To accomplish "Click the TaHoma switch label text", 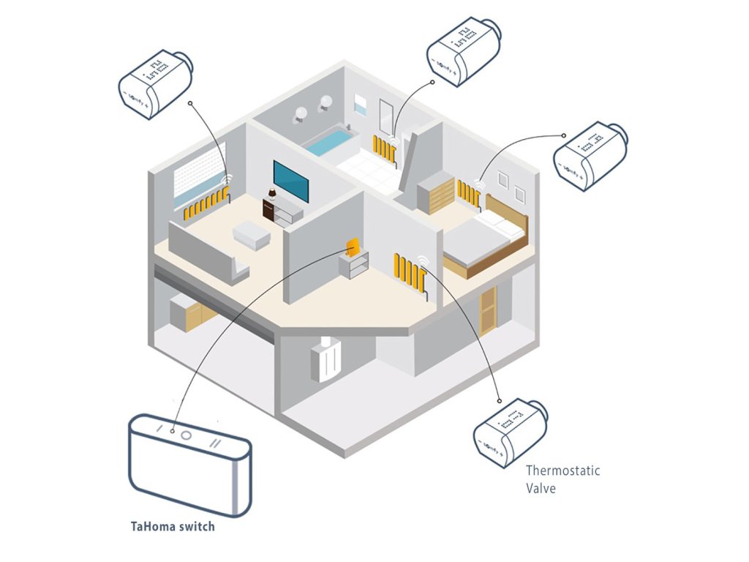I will pyautogui.click(x=172, y=525).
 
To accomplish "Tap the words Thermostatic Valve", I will pyautogui.click(x=562, y=479).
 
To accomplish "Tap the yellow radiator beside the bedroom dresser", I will pyautogui.click(x=468, y=192).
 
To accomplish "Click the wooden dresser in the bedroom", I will pyautogui.click(x=436, y=191).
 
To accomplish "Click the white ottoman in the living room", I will pyautogui.click(x=252, y=236).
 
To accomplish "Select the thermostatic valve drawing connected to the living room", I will pyautogui.click(x=155, y=83).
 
